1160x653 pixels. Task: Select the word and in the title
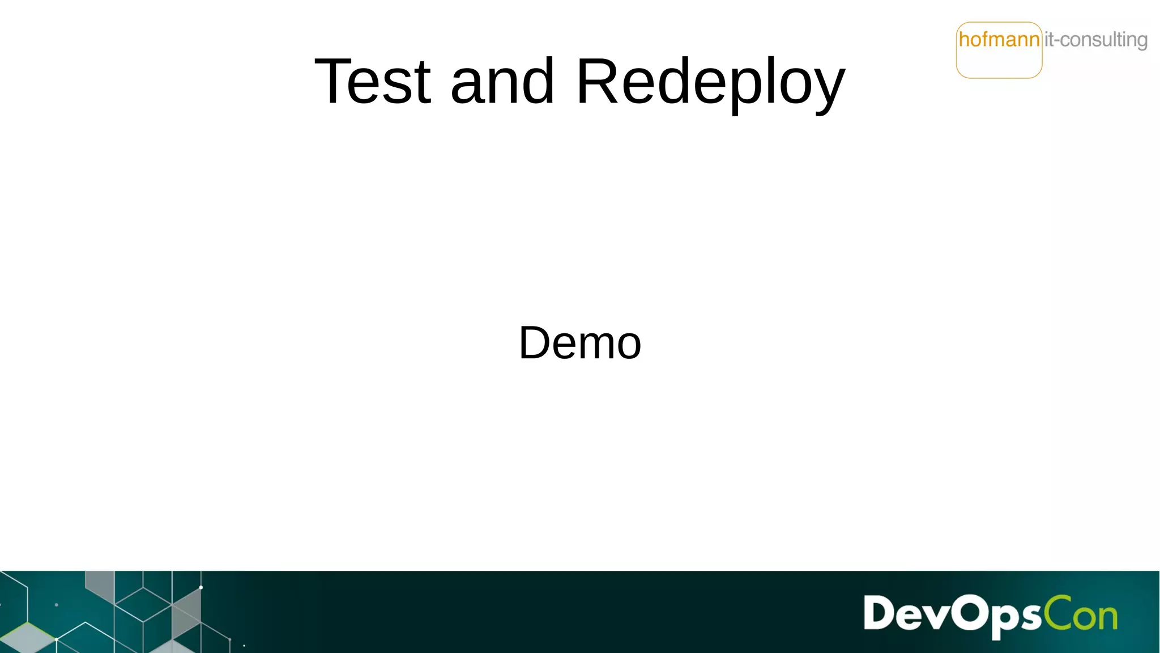click(x=502, y=82)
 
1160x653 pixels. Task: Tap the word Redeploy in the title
click(x=710, y=83)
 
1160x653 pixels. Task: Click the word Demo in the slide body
click(x=580, y=343)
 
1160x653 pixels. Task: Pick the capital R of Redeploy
click(x=598, y=82)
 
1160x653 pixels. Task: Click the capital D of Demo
click(x=535, y=343)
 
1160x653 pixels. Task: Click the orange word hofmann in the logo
click(x=999, y=40)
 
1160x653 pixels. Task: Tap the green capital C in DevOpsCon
click(x=1057, y=613)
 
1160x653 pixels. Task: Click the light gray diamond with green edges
click(x=27, y=638)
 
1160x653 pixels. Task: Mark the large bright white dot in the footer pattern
click(x=201, y=587)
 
